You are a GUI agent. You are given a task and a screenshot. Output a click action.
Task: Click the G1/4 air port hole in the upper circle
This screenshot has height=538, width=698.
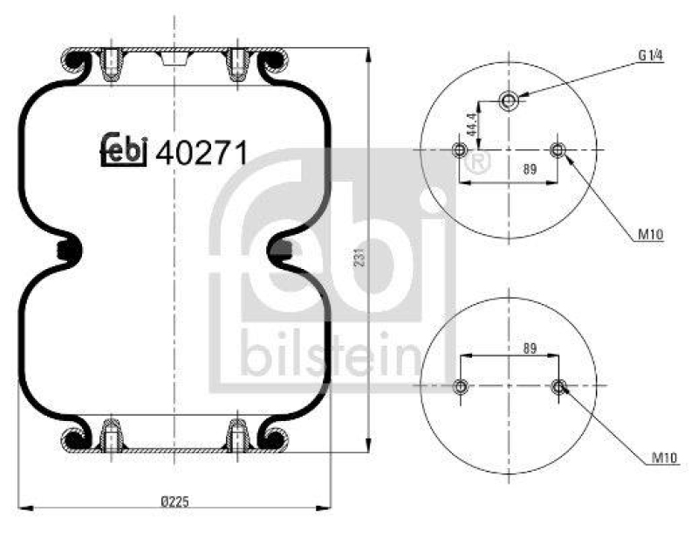pos(509,100)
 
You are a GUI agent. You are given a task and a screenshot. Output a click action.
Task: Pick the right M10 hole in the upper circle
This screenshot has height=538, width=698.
pos(558,151)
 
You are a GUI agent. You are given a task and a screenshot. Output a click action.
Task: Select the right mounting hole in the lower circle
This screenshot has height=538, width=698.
pos(558,387)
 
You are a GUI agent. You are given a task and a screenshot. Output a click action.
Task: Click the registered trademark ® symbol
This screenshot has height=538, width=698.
pos(476,162)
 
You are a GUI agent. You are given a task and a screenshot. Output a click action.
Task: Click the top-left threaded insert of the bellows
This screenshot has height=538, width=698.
pos(112,63)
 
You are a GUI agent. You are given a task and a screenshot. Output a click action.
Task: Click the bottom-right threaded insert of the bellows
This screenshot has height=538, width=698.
pos(237,434)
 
